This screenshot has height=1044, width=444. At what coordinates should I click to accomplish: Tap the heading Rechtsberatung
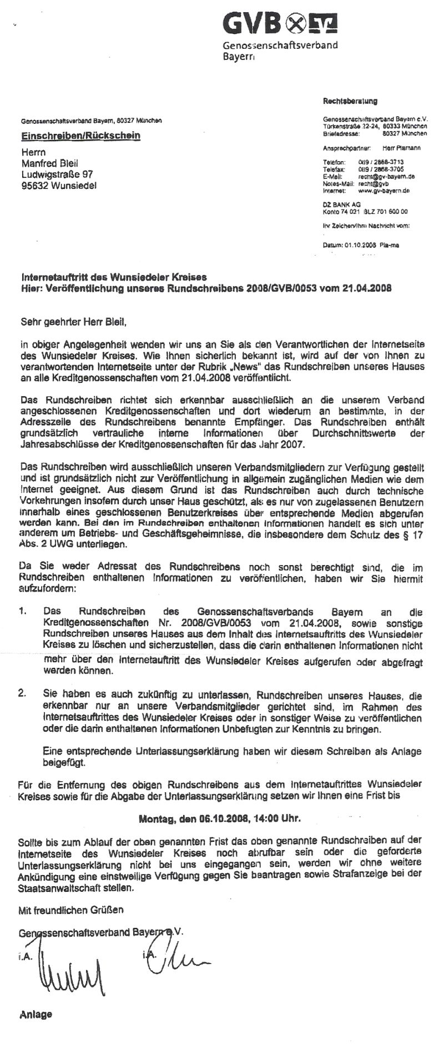350,101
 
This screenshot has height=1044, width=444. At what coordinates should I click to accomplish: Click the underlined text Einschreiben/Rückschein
80,135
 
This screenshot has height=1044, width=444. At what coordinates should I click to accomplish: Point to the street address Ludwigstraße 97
57,174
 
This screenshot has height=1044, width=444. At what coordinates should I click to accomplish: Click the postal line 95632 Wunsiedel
58,186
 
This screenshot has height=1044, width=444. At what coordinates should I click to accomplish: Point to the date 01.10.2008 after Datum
361,244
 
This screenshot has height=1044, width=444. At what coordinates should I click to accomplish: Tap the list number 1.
23,611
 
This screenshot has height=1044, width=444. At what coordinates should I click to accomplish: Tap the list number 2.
23,695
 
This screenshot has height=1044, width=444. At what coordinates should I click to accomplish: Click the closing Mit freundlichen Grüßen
72,910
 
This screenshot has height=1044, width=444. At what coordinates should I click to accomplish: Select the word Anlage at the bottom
36,1014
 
